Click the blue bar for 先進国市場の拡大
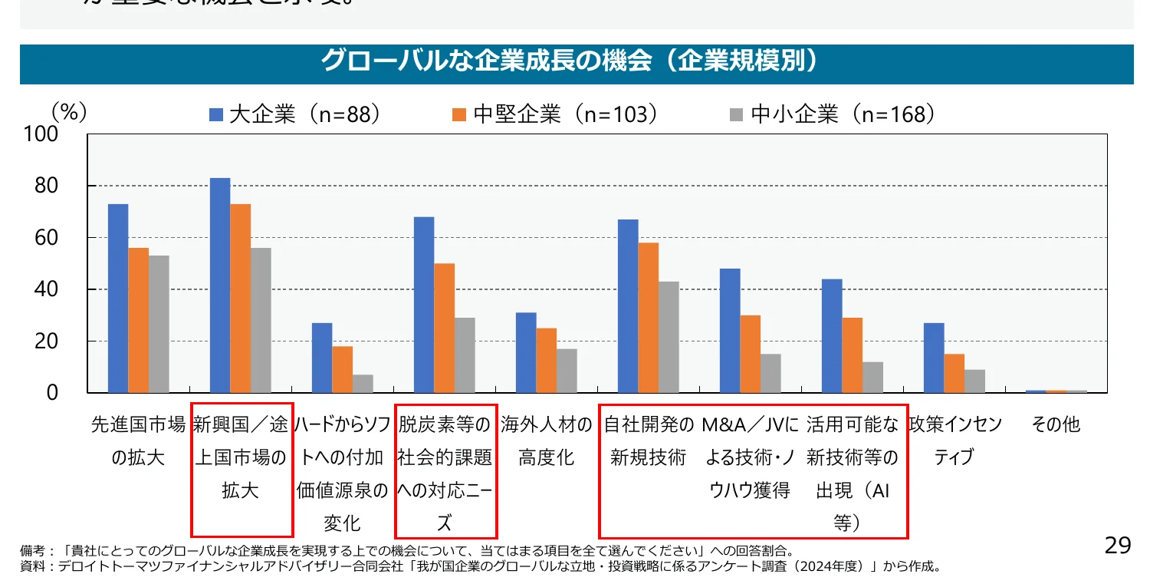tap(118, 299)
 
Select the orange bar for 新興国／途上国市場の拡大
tap(240, 299)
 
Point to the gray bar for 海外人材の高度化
tap(567, 371)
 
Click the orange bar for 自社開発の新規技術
tap(648, 318)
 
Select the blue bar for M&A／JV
tap(730, 331)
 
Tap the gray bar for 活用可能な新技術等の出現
tap(872, 378)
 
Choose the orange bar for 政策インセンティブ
tap(954, 374)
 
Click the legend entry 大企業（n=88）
tap(295, 115)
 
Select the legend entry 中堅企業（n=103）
tap(556, 115)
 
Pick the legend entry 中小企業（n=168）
tap(833, 115)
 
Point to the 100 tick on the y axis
tap(41, 134)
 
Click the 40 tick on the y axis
tap(47, 289)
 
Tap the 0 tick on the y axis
tap(52, 393)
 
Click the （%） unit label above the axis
tap(69, 112)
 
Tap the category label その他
tap(1056, 424)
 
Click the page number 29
tap(1118, 546)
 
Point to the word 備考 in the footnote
tap(31, 551)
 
